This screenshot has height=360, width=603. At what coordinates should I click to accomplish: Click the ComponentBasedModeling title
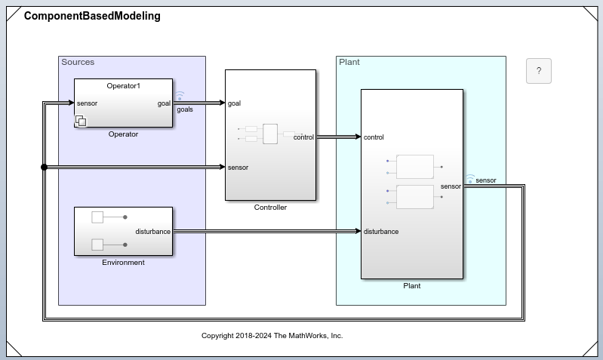click(92, 16)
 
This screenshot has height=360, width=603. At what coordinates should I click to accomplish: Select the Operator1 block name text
click(123, 86)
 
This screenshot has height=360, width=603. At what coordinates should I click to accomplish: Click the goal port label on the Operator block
click(164, 103)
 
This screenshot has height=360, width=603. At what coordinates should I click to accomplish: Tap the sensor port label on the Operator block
click(87, 103)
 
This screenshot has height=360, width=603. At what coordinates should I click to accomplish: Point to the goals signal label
click(185, 109)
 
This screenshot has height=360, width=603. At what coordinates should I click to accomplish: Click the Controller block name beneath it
click(270, 208)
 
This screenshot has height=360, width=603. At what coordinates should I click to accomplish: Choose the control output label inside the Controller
click(303, 137)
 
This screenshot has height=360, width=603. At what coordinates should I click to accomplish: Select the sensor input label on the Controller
click(238, 168)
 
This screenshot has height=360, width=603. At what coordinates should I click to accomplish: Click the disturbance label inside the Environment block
click(152, 232)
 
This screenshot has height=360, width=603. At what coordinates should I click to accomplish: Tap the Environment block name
click(123, 263)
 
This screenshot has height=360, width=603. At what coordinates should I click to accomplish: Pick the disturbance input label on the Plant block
click(381, 232)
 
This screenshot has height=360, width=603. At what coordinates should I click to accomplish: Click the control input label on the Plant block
click(374, 137)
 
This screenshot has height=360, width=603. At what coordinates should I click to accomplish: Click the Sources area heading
click(78, 62)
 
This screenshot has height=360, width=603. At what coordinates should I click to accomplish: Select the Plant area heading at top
click(349, 62)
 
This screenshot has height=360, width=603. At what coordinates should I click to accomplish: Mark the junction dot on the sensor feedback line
click(44, 168)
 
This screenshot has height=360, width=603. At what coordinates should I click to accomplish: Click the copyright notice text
click(272, 335)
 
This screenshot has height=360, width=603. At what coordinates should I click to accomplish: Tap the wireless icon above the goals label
click(180, 96)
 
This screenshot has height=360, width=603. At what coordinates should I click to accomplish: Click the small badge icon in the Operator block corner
click(81, 121)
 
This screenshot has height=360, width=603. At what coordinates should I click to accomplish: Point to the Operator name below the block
click(123, 134)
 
